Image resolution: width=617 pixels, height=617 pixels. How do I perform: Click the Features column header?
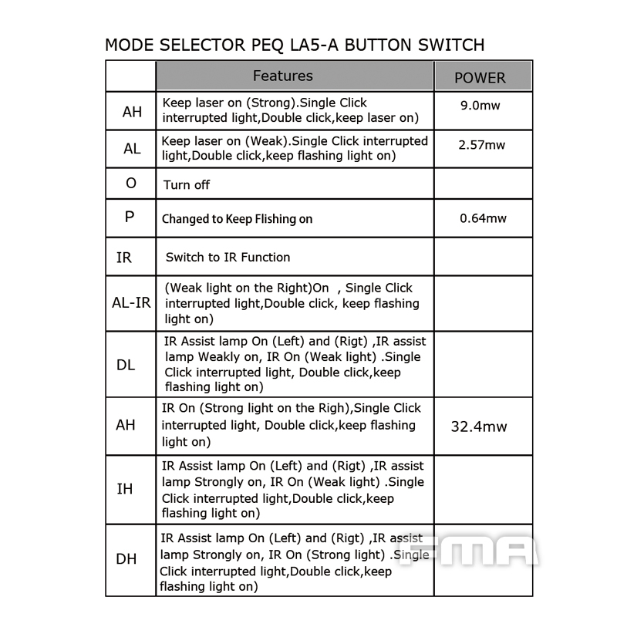coord(283,76)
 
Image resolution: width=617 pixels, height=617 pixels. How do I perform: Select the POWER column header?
coord(480,78)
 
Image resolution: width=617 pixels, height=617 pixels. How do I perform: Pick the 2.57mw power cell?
coord(481,144)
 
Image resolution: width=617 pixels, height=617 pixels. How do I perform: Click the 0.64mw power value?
coord(483,218)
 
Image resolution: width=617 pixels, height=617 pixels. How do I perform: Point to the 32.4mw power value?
coord(479,426)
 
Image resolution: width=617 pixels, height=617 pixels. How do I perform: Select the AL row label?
coord(132,149)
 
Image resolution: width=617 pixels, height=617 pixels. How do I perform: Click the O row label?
coord(130,184)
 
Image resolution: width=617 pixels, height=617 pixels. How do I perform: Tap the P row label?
coord(129,217)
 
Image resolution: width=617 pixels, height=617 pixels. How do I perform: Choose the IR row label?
coord(124,257)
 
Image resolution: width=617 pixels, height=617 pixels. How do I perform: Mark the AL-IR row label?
coord(131,302)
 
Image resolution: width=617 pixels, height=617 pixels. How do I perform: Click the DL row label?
coord(126,365)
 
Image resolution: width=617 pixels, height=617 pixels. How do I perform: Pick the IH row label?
coord(124,489)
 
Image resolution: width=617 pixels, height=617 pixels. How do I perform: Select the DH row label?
coord(126,559)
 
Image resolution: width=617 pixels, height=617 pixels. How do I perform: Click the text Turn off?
coord(187,185)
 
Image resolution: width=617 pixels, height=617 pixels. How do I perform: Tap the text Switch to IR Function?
coord(228,257)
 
